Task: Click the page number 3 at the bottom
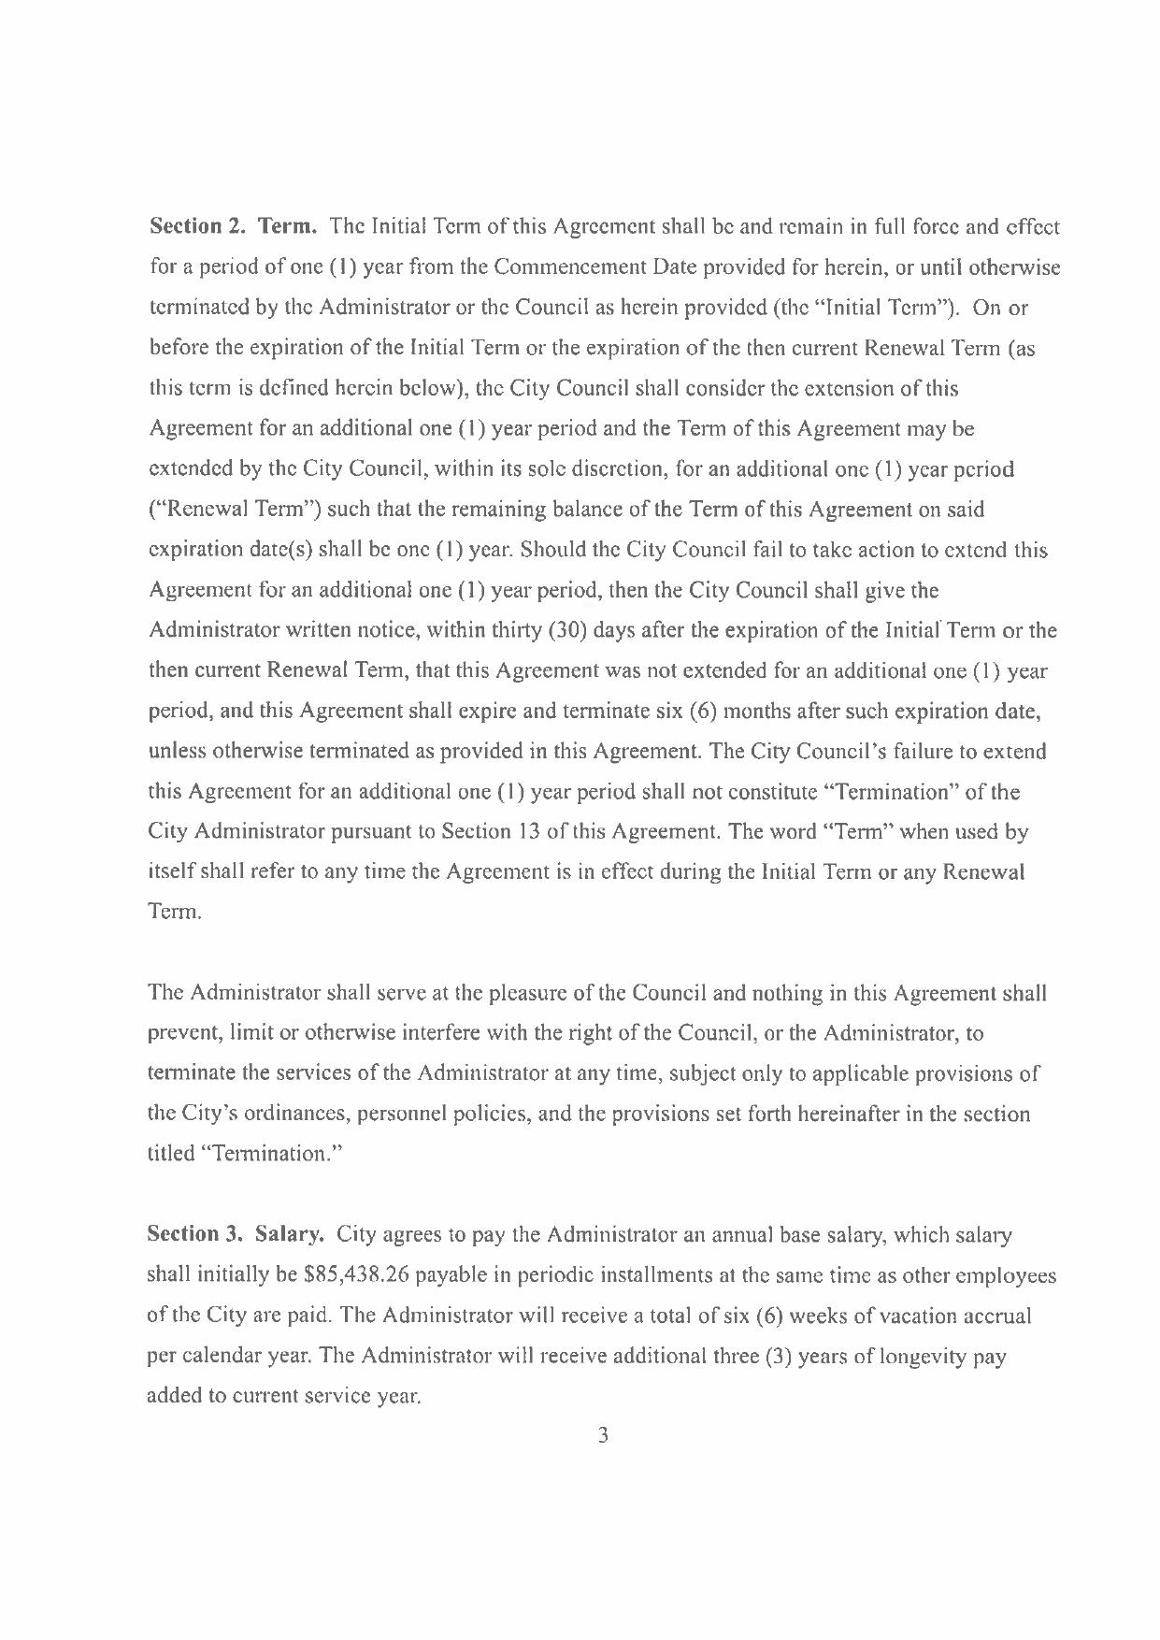[603, 1435]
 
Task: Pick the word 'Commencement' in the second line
[568, 268]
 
